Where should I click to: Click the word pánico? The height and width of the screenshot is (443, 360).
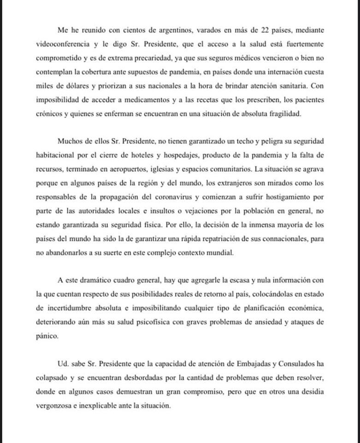(47, 336)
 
